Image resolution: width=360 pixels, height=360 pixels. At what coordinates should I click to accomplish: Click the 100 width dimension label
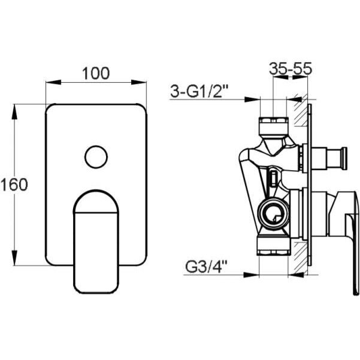(x=96, y=74)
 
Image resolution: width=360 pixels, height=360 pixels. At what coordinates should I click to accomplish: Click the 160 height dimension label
(x=14, y=184)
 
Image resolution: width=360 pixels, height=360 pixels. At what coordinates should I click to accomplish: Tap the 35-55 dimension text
(x=291, y=69)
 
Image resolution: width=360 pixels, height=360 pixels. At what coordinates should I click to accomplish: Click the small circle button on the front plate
(x=96, y=157)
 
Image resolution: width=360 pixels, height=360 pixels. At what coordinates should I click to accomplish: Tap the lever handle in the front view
(x=96, y=241)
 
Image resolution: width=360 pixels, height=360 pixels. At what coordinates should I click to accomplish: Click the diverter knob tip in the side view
(x=344, y=158)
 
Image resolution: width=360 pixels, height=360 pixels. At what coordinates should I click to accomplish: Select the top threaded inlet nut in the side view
(x=273, y=126)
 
